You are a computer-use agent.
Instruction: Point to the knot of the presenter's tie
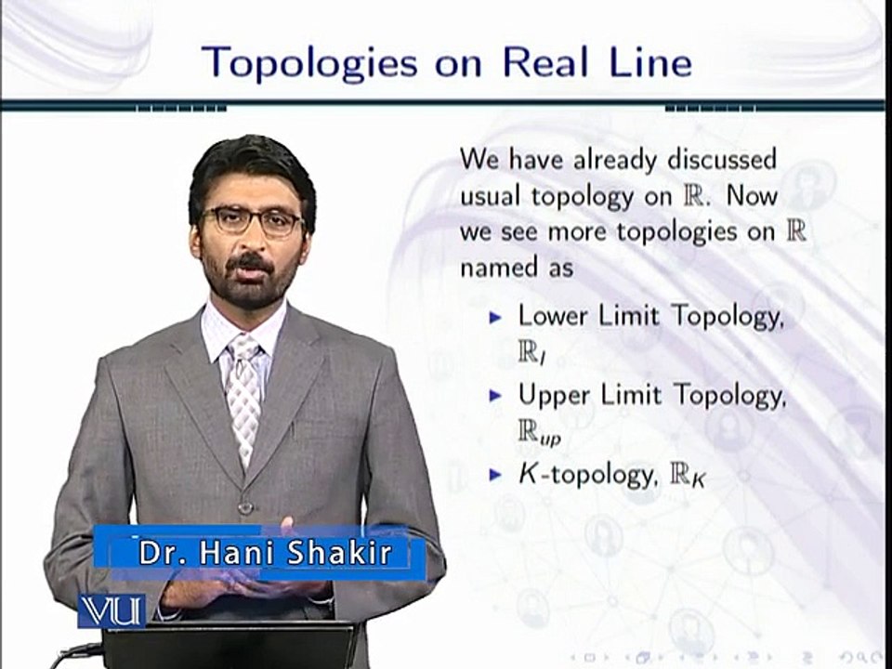pos(244,350)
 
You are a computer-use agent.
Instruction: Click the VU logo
pos(111,610)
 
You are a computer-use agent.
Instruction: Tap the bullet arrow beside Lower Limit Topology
pos(495,316)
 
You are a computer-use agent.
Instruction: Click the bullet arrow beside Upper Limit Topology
pos(495,396)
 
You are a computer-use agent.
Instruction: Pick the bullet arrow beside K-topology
pos(495,476)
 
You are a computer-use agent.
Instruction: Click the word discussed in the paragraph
pos(721,159)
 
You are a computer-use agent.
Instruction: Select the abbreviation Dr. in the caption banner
pos(159,553)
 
